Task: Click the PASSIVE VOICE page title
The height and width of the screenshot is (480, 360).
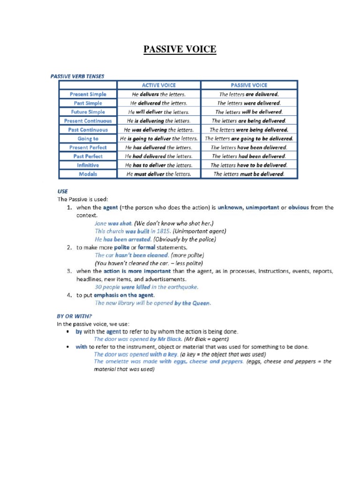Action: tap(180, 49)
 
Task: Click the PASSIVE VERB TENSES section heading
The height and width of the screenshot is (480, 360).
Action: tap(77, 75)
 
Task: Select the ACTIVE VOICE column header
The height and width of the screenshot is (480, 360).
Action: tap(158, 85)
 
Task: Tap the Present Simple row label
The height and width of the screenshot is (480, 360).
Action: tap(88, 94)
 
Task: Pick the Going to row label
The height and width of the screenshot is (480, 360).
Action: tap(88, 139)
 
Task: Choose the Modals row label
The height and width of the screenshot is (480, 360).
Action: tap(88, 174)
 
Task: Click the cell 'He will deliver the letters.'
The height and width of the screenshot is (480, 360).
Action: tap(158, 112)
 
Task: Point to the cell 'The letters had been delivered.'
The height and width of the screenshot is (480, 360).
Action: tap(249, 156)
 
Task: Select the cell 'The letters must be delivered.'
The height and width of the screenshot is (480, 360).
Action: tap(249, 174)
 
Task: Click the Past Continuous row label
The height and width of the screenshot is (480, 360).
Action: tap(88, 130)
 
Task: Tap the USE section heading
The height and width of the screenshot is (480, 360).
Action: tap(62, 191)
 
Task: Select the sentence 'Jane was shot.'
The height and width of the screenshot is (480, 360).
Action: tap(113, 223)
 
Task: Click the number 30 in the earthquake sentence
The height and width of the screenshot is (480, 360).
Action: tap(98, 287)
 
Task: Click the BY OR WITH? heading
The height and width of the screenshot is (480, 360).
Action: tap(75, 316)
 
